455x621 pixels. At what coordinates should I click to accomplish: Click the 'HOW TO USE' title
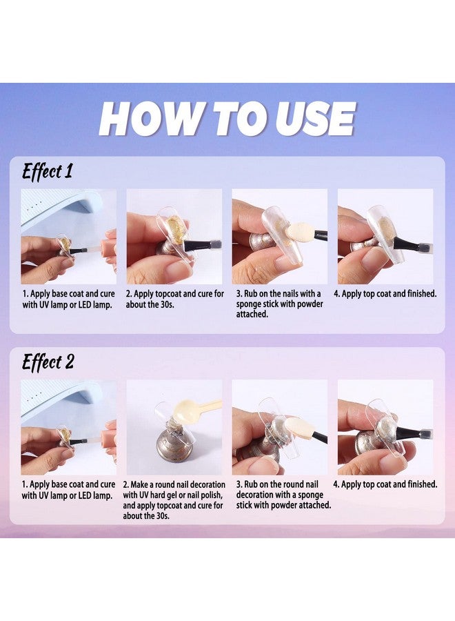pos(227,119)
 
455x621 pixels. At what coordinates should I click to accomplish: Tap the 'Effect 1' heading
pos(47,172)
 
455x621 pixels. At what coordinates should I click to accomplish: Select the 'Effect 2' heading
pos(48,362)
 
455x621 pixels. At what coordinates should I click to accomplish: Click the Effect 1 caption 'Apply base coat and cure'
pos(68,294)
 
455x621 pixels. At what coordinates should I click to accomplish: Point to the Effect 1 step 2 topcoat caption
pos(174,299)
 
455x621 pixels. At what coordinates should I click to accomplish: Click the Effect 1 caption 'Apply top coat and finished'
pos(385,294)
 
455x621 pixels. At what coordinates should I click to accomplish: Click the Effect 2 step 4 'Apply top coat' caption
pos(385,484)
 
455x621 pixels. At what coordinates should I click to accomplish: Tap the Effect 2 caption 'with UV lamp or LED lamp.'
pos(68,495)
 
